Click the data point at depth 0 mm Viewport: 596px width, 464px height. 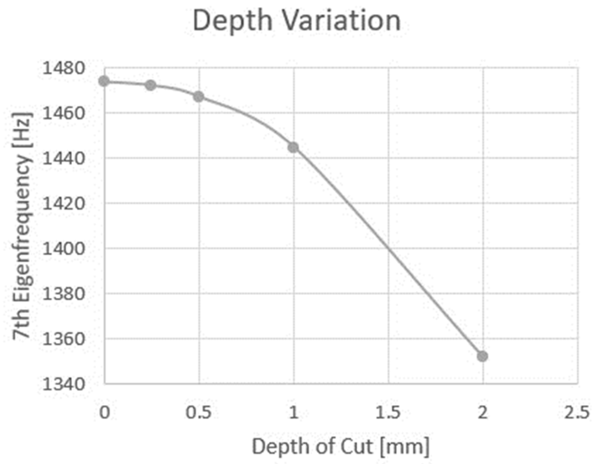pyautogui.click(x=104, y=81)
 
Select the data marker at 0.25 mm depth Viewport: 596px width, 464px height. pyautogui.click(x=151, y=85)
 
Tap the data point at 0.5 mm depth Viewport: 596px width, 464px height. pyautogui.click(x=198, y=96)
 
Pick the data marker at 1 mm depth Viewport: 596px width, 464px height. pyautogui.click(x=293, y=147)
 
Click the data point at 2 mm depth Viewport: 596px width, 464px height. pyautogui.click(x=482, y=356)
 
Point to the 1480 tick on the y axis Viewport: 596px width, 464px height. pyautogui.click(x=64, y=68)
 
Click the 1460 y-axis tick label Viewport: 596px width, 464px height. pyautogui.click(x=64, y=113)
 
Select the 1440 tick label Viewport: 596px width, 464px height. pyautogui.click(x=64, y=158)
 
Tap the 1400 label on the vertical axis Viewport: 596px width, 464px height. pyautogui.click(x=64, y=249)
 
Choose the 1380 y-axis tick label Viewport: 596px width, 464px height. pyautogui.click(x=64, y=294)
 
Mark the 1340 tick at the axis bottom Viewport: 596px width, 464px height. pyautogui.click(x=64, y=384)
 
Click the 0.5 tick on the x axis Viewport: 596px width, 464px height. pyautogui.click(x=198, y=412)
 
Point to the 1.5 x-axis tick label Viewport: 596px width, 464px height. pyautogui.click(x=388, y=412)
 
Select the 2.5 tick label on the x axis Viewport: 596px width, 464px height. pyautogui.click(x=577, y=412)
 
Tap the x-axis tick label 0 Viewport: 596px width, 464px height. pyautogui.click(x=104, y=412)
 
